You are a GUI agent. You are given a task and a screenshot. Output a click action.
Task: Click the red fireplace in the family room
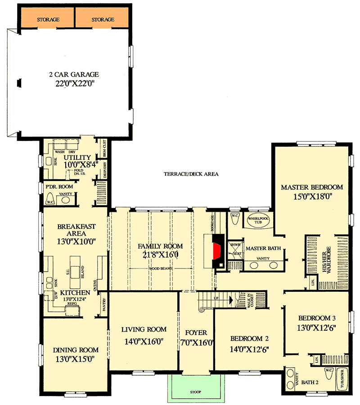pos(218,251)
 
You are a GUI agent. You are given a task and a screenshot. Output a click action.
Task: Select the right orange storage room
pos(103,19)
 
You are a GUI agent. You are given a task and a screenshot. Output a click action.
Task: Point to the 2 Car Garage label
pos(74,74)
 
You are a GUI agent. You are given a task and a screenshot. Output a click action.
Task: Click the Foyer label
pos(196,332)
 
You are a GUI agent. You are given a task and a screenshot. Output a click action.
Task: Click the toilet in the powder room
pos(50,201)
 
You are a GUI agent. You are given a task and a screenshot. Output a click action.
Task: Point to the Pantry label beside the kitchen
pos(103,303)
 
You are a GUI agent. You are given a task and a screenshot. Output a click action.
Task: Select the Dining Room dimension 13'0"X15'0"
pos(76,359)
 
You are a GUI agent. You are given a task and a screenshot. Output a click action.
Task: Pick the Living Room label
pos(144,329)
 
